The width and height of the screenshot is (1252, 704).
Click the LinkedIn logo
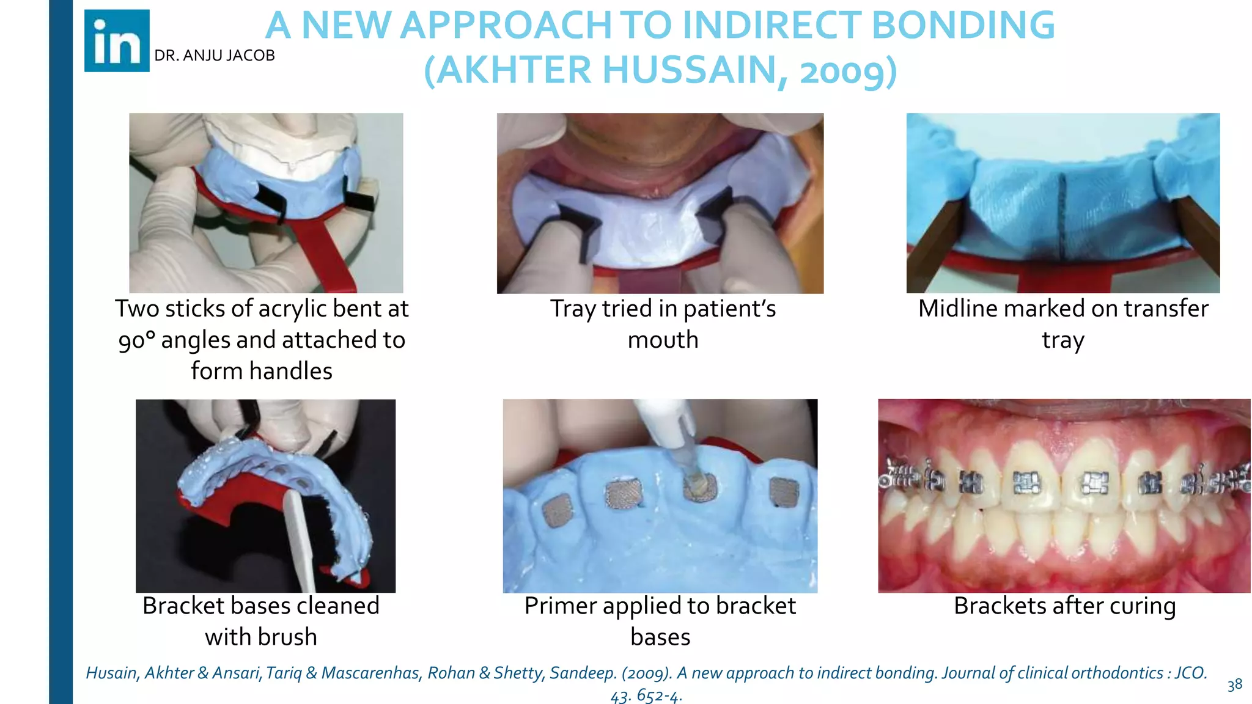tap(117, 41)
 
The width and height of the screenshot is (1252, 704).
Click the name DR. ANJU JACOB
tap(215, 56)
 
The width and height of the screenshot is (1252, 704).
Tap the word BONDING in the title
tap(962, 26)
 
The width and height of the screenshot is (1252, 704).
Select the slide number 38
tap(1234, 684)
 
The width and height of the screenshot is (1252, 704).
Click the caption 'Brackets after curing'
tap(1064, 606)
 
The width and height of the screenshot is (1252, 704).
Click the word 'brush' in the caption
tap(287, 637)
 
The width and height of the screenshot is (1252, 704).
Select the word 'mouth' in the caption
tap(663, 340)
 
